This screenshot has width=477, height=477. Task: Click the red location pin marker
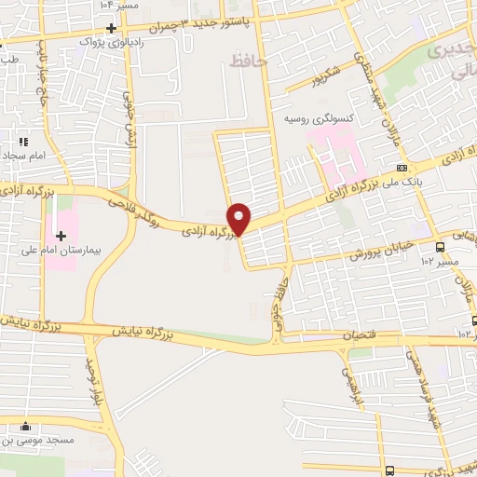239,219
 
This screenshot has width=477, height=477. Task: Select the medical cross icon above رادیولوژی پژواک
110,27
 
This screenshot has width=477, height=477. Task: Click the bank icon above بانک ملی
402,168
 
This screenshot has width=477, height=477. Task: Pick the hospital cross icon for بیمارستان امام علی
61,236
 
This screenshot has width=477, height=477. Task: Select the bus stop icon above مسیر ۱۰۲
440,247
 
